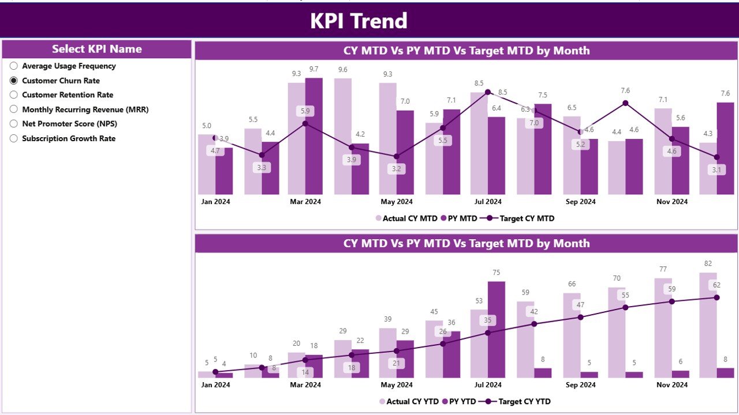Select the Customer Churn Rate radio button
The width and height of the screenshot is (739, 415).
(14, 81)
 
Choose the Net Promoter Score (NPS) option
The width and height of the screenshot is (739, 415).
(14, 124)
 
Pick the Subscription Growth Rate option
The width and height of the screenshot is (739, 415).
(14, 138)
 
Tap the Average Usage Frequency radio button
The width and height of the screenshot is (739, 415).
(14, 66)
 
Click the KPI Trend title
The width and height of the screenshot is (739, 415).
(359, 21)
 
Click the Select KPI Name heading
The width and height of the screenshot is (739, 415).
(96, 49)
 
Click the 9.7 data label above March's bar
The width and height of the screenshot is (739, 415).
(313, 69)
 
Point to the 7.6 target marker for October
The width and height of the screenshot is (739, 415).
(625, 103)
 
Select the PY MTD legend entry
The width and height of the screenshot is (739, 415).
(458, 218)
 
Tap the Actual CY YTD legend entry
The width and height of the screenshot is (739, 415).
(408, 401)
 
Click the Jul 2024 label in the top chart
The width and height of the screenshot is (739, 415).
(488, 202)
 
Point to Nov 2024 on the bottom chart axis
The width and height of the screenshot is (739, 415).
(671, 384)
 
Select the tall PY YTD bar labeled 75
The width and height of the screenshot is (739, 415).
(497, 329)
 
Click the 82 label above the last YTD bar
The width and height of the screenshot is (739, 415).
(708, 263)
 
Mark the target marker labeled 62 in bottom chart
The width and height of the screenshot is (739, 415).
(716, 297)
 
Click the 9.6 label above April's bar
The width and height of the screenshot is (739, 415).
(342, 70)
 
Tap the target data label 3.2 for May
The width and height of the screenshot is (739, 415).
(397, 169)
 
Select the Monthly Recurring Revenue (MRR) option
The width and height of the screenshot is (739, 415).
(14, 110)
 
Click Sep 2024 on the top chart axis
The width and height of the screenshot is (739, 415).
(580, 202)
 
